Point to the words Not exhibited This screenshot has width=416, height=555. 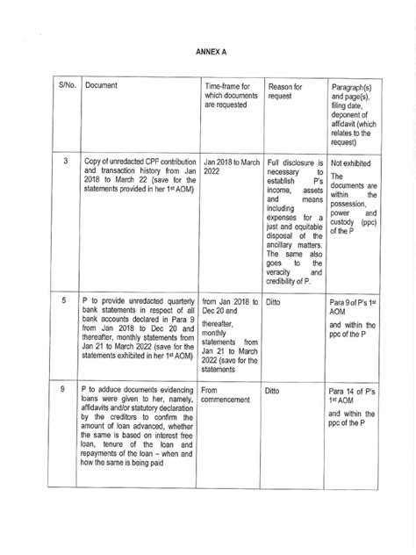(348, 162)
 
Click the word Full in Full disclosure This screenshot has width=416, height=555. (276, 162)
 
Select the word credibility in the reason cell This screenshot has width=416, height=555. (286, 281)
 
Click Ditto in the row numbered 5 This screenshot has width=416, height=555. (277, 301)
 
